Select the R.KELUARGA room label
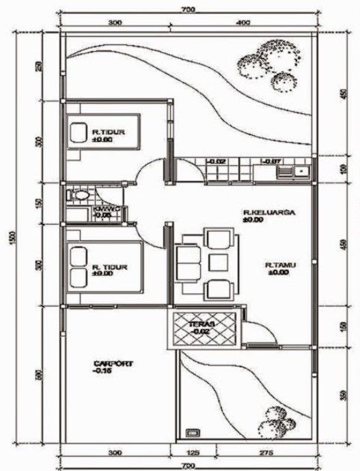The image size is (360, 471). [268, 213]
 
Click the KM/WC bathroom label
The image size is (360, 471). [103, 210]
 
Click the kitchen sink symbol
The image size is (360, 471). [299, 171]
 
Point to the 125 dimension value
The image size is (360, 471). [193, 453]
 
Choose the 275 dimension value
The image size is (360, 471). [266, 453]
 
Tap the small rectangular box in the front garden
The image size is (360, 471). [193, 431]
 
